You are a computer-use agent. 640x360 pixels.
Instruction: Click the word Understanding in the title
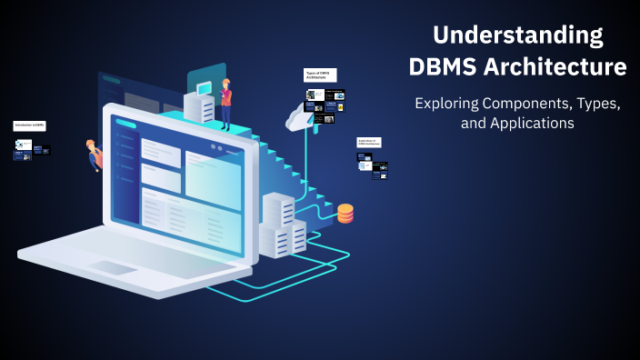(x=517, y=35)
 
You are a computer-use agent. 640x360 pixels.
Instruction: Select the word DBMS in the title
(x=448, y=67)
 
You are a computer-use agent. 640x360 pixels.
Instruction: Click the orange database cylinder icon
(x=345, y=214)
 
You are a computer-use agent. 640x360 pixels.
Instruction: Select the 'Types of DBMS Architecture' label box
(x=320, y=75)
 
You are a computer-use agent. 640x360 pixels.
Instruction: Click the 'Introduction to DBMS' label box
(x=30, y=125)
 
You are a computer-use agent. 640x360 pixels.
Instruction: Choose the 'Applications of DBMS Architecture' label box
(x=368, y=142)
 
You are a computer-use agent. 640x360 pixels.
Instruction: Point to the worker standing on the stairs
(x=225, y=101)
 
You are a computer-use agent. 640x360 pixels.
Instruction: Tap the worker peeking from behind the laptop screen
(x=94, y=155)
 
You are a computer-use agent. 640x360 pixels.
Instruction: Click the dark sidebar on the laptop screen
(x=126, y=177)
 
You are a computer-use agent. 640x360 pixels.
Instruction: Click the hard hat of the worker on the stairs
(x=226, y=83)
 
